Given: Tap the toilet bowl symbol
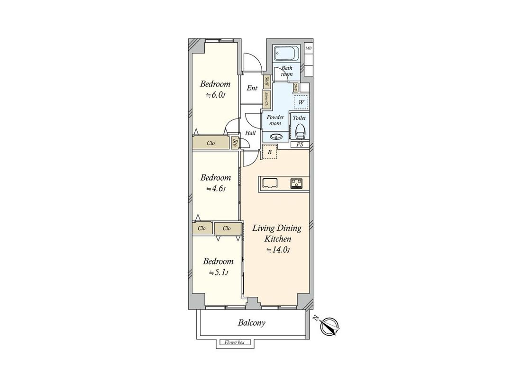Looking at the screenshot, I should pyautogui.click(x=300, y=130).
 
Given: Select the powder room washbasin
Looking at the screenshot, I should pyautogui.click(x=275, y=137).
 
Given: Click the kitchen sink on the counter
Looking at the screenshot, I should pyautogui.click(x=269, y=183).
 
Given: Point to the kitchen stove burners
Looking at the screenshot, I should pyautogui.click(x=298, y=183).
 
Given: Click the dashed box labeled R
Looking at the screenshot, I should pyautogui.click(x=270, y=152).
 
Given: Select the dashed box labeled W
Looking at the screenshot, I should pyautogui.click(x=301, y=102).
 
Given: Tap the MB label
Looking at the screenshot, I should pyautogui.click(x=309, y=48).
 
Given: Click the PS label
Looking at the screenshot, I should pyautogui.click(x=300, y=144).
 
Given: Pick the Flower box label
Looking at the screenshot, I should pyautogui.click(x=234, y=342).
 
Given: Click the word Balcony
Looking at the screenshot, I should pyautogui.click(x=251, y=323).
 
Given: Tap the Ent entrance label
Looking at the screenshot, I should pyautogui.click(x=252, y=88).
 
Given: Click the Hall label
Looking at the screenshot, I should pyautogui.click(x=251, y=133).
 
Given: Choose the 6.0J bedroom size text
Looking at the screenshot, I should pyautogui.click(x=215, y=95).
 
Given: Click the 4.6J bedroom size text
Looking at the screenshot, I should pyautogui.click(x=215, y=189).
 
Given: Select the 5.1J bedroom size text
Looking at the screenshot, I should pyautogui.click(x=218, y=273).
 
